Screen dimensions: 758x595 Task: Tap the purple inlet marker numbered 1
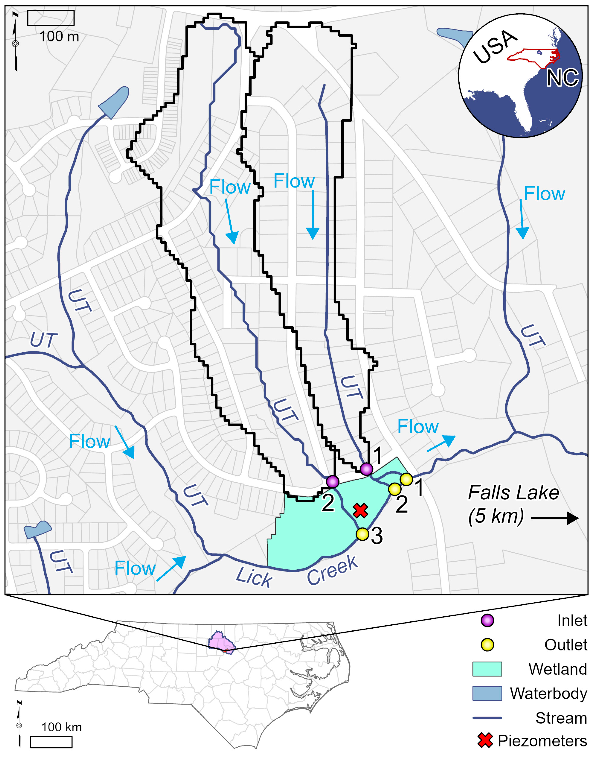point(366,469)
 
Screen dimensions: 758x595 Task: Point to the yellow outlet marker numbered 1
point(406,479)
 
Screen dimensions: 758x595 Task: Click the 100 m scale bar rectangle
point(51,18)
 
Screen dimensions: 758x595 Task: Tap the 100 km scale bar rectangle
point(51,742)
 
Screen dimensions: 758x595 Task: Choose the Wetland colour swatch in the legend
point(487,669)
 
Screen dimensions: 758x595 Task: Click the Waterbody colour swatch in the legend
point(487,693)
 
